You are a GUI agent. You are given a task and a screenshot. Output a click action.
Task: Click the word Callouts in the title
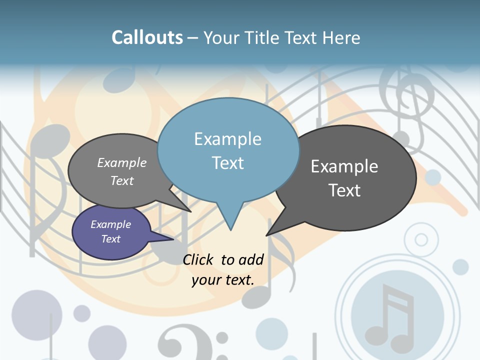pos(147,37)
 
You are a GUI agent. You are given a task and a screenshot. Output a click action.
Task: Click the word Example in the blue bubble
pos(227,139)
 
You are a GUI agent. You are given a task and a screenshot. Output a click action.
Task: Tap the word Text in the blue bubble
pos(227,163)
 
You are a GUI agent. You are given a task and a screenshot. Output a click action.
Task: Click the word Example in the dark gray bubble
pos(344,166)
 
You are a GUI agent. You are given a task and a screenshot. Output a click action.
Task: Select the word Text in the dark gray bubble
pos(344,190)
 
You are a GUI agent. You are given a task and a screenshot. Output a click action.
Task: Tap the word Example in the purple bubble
pos(111,224)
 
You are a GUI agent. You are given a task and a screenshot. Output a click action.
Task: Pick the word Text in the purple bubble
pos(111,239)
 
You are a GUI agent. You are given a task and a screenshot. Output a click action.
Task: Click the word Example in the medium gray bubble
pos(122,163)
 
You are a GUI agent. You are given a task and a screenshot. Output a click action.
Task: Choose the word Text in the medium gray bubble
pos(122,180)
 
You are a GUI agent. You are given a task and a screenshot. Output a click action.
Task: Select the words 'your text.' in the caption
pos(223,280)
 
